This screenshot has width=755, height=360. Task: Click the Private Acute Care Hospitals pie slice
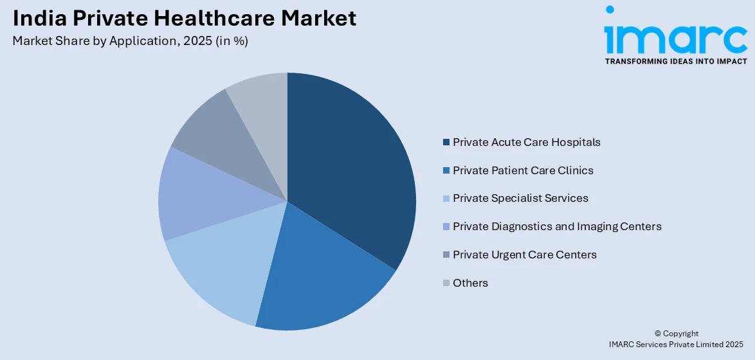click(x=350, y=167)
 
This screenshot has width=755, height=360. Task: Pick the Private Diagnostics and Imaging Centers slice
click(x=193, y=196)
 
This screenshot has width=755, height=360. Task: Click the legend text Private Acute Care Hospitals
click(x=526, y=142)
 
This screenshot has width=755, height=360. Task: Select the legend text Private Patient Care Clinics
click(x=523, y=170)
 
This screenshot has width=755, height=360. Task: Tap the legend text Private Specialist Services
click(x=520, y=198)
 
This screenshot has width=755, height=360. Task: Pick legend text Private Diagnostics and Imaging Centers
click(x=557, y=226)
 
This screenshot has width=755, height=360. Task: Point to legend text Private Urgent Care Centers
click(x=524, y=255)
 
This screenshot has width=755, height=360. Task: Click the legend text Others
click(x=470, y=283)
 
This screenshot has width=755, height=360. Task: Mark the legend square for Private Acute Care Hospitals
click(x=446, y=142)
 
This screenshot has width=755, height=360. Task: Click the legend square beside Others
click(x=446, y=283)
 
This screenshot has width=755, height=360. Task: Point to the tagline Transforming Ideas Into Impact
click(x=676, y=61)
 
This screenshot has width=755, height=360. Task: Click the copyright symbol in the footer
click(x=658, y=334)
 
